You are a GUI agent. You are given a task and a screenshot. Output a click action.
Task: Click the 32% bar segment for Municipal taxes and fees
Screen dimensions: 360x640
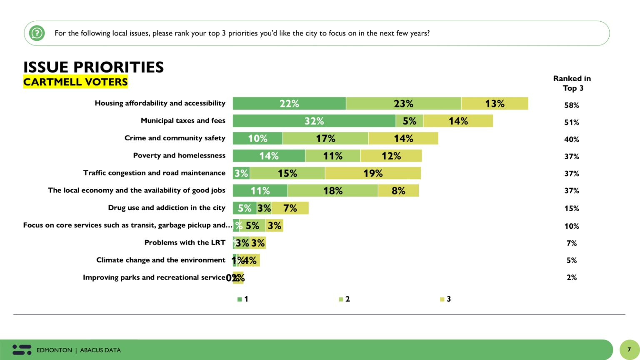click(314, 121)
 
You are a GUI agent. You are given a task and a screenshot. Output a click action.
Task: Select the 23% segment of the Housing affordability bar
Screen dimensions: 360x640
click(403, 103)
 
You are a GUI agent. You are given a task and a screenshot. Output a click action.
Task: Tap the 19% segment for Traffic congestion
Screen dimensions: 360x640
click(373, 173)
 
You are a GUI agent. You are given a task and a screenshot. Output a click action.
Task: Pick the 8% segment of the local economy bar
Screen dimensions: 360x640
click(398, 191)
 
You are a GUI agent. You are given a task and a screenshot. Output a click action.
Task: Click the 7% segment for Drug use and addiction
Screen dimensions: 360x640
click(290, 208)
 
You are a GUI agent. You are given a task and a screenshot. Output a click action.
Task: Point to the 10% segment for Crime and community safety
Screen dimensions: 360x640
click(257, 138)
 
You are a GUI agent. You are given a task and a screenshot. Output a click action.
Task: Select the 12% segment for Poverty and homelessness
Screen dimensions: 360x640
click(391, 156)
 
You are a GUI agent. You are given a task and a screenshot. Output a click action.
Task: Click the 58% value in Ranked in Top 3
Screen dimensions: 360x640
click(571, 105)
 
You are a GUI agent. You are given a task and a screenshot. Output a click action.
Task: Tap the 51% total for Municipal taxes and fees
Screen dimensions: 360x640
click(571, 122)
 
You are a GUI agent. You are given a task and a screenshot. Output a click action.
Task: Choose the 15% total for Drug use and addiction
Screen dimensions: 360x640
click(571, 208)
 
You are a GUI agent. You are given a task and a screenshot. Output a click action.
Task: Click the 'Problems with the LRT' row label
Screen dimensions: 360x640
click(185, 242)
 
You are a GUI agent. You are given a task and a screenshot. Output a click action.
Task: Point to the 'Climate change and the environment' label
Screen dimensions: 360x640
click(160, 260)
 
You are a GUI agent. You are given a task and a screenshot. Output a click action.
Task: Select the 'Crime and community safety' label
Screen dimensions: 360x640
click(175, 138)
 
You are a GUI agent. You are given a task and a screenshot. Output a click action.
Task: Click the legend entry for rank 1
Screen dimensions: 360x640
click(243, 299)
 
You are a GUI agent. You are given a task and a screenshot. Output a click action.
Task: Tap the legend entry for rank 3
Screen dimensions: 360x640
click(445, 299)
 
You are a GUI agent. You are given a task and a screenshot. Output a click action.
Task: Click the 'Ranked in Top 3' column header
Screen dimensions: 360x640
click(572, 83)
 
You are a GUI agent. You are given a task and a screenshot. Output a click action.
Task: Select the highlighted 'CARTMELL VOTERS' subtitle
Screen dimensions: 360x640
click(75, 82)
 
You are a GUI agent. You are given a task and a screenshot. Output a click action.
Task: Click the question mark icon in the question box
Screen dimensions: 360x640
click(37, 33)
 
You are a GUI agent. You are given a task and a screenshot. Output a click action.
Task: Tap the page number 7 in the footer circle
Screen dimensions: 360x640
click(629, 350)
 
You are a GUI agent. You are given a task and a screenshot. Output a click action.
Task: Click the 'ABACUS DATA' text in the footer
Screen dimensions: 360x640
click(100, 350)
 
